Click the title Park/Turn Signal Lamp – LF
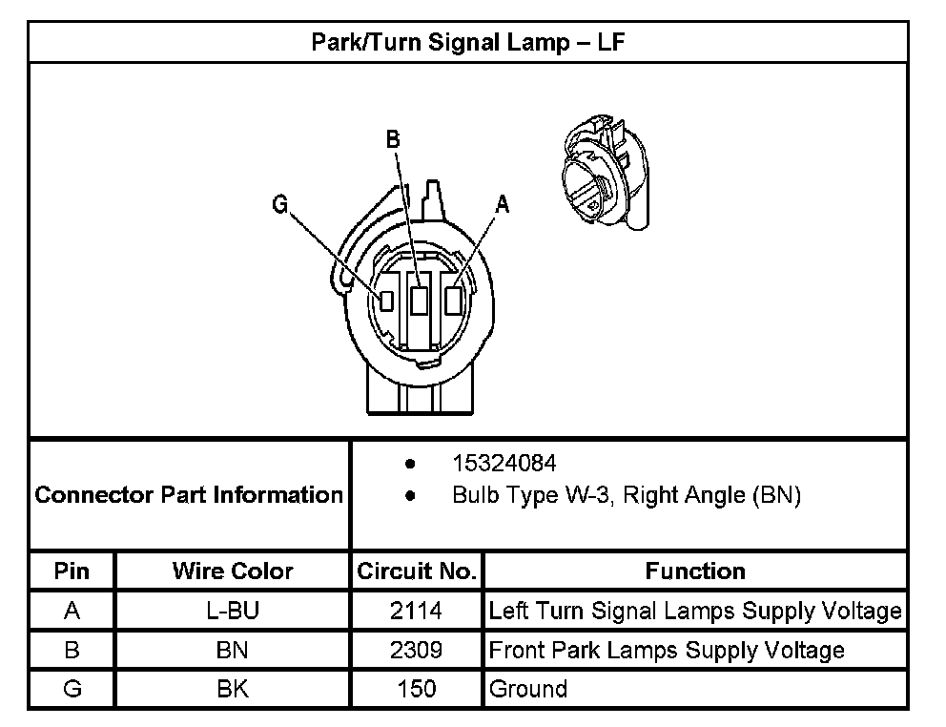(468, 42)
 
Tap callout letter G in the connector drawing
(278, 204)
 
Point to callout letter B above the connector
(393, 139)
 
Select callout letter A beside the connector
(503, 203)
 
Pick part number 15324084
(504, 463)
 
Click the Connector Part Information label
(189, 495)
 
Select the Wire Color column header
(233, 571)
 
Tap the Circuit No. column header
(416, 571)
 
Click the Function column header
(695, 571)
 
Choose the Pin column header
(72, 571)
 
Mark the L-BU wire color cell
(233, 611)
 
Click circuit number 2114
(416, 611)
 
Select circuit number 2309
(416, 650)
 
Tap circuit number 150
(416, 689)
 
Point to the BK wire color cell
(233, 689)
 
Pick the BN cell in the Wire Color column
(233, 650)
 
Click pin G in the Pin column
(72, 689)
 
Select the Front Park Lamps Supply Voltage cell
(667, 650)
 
